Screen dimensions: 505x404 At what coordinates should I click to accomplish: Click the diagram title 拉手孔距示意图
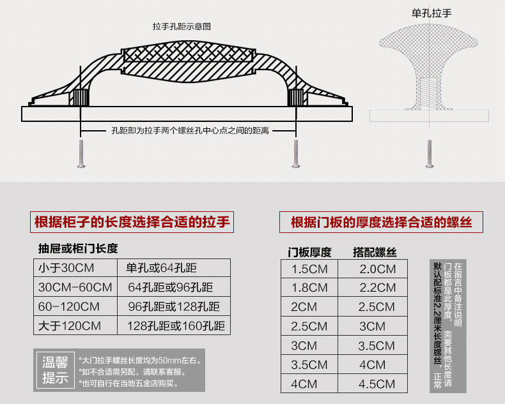pos(182,27)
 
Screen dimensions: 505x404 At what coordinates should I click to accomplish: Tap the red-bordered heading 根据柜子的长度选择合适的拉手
pos(132,223)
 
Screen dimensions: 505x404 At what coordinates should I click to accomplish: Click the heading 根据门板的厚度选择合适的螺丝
pos(381,223)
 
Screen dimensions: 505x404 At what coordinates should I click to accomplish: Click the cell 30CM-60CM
pos(75,287)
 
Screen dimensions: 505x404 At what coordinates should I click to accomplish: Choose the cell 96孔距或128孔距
pos(174,306)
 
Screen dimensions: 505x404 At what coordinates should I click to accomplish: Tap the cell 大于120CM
pos(70,326)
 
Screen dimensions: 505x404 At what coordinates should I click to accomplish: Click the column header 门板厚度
pos(309,252)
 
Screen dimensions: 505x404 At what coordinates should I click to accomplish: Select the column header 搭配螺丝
pos(375,252)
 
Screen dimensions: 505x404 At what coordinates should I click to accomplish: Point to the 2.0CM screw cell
pos(377,269)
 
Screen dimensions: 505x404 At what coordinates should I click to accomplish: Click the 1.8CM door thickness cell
pos(309,288)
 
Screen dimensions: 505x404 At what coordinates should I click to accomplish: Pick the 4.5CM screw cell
pos(377,384)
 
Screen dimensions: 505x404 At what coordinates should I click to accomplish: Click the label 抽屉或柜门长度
pos(78,248)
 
